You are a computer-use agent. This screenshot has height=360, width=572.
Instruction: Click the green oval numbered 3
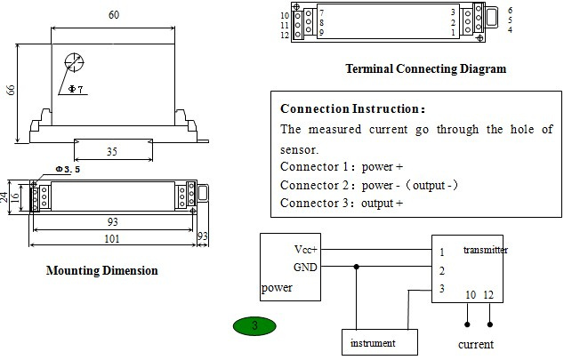coord(254,325)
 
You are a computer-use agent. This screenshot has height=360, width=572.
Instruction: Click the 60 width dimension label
coord(114,15)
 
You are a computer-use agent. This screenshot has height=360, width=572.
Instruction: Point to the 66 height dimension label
coord(11,90)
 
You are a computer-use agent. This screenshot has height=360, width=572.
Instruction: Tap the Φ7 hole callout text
coord(76,89)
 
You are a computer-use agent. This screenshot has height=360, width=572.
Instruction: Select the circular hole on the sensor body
coord(74,62)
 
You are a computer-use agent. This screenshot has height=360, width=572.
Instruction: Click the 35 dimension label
coord(112,152)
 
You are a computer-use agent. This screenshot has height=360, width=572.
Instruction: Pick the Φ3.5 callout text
coord(68,169)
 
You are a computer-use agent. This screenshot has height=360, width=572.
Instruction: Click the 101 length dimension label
coord(112,239)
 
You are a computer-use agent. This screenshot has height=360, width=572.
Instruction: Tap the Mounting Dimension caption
coord(102,270)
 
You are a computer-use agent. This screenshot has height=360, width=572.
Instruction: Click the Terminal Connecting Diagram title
coord(426,68)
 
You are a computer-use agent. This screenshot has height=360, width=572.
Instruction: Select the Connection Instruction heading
coord(352,108)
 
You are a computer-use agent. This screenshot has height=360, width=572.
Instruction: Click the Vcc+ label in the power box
coord(306,250)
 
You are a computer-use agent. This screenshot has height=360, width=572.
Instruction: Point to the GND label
coord(305,268)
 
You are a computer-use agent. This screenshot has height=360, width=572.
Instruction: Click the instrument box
coord(380,342)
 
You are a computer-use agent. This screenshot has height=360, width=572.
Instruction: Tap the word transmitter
coord(486,250)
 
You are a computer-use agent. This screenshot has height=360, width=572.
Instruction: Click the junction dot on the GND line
coord(357,267)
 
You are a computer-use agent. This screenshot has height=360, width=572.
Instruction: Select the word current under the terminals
coord(476,344)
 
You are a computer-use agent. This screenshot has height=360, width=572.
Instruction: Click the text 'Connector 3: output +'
coord(342,203)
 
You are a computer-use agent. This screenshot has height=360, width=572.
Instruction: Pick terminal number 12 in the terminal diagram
coord(285,36)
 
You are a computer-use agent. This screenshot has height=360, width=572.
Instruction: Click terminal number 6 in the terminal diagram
coord(510,10)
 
